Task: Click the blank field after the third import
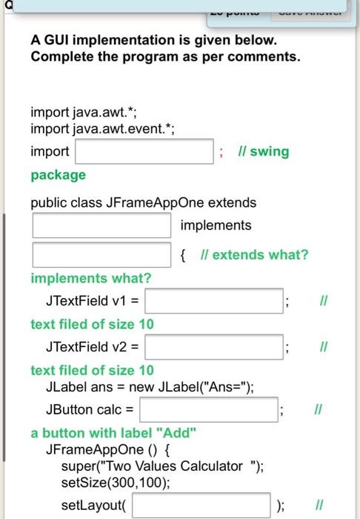(144, 151)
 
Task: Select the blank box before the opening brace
(102, 255)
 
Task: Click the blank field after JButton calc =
(208, 409)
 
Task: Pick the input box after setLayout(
(201, 506)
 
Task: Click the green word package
(58, 175)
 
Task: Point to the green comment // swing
(264, 151)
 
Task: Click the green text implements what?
(90, 278)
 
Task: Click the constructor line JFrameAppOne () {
(109, 450)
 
